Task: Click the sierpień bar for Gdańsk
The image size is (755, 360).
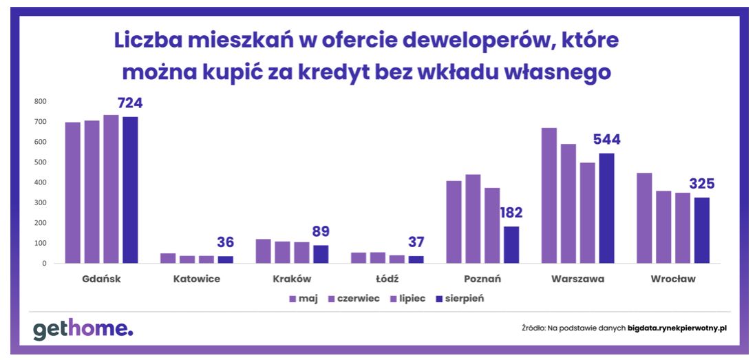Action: coord(130,190)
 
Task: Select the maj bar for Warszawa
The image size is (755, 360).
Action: coord(549,195)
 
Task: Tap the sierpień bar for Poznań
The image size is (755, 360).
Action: coord(511,244)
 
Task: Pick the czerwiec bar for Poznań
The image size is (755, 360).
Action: coord(473,219)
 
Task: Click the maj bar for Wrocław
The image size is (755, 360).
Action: coord(644,218)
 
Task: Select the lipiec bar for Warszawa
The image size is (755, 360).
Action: coord(587,213)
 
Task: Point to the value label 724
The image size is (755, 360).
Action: coord(130,103)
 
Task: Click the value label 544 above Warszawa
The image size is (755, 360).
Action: coord(606,140)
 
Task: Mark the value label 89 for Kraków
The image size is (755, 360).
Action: coord(321,231)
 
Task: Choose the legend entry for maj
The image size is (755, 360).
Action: coord(303,299)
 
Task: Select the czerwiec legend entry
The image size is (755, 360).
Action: coord(353,299)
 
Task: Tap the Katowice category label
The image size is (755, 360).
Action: coord(197,279)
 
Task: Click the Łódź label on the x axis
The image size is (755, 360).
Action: coord(387,279)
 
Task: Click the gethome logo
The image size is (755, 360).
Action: coord(83,329)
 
